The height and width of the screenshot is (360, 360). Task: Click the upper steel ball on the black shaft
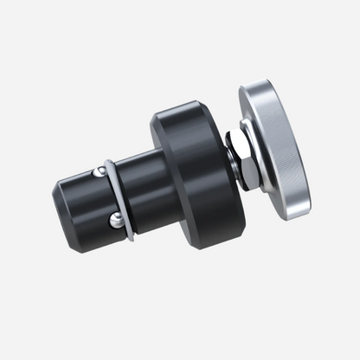tap(100, 171)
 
